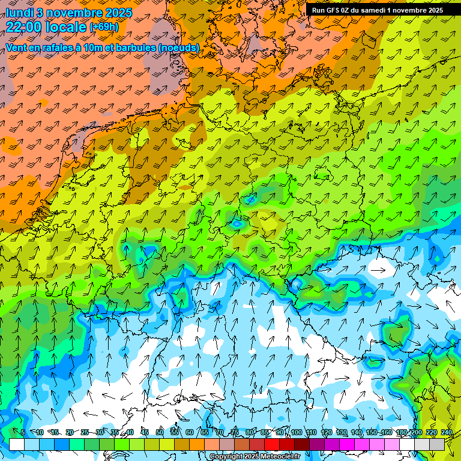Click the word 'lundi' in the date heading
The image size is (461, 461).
(x=19, y=12)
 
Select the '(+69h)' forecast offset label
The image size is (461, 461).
(x=104, y=27)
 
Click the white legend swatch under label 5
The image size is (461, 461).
(x=17, y=444)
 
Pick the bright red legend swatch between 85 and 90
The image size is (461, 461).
(x=272, y=444)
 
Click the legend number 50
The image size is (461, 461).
(x=160, y=433)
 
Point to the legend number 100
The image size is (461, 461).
(x=296, y=433)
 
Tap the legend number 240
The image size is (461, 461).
(x=447, y=433)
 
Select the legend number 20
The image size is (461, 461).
(x=70, y=433)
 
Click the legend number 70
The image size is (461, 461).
(x=220, y=433)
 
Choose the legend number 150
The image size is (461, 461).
(x=371, y=433)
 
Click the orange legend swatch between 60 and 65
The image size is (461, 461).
(x=197, y=444)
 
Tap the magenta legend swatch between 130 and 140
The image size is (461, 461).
(x=347, y=444)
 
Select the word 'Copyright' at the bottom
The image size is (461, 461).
(x=227, y=457)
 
